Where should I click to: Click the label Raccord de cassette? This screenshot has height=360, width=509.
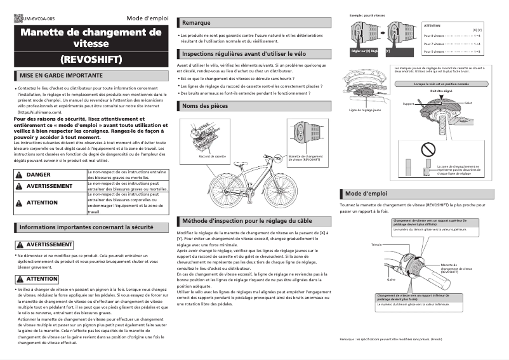coord(212,156)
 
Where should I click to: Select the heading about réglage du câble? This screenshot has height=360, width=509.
coord(247,221)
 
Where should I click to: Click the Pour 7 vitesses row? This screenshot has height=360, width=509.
coord(451,44)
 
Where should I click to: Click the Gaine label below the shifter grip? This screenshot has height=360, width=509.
coord(391,279)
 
